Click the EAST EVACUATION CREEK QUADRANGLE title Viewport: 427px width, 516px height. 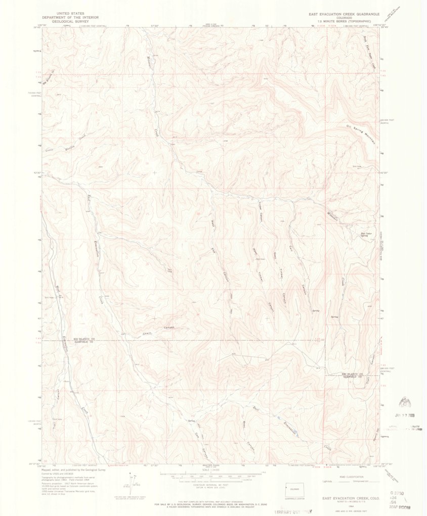tap(343, 14)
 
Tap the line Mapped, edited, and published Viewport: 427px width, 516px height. tap(73, 470)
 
